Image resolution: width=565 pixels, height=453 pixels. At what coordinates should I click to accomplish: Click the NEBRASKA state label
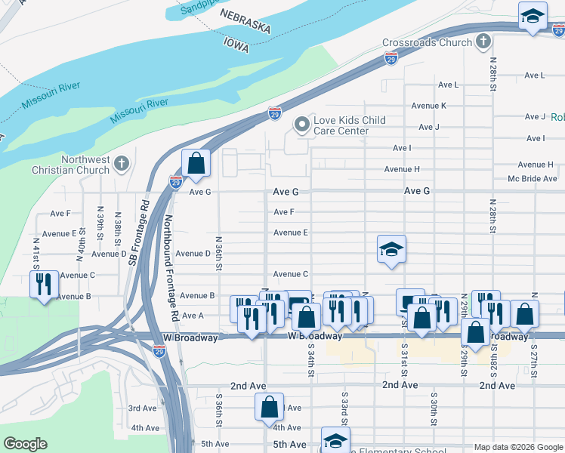pyautogui.click(x=245, y=20)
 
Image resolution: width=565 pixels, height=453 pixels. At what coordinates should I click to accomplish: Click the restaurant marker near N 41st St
pyautogui.click(x=43, y=285)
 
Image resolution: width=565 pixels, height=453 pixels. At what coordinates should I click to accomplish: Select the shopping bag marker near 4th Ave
pyautogui.click(x=269, y=408)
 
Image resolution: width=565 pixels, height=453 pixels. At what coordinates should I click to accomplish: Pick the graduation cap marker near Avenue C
pyautogui.click(x=391, y=250)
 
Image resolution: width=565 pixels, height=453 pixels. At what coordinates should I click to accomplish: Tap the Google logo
pyautogui.click(x=25, y=444)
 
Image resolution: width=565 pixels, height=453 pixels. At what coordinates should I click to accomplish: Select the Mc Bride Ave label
pyautogui.click(x=532, y=179)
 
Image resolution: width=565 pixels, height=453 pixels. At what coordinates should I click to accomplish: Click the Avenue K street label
pyautogui.click(x=428, y=106)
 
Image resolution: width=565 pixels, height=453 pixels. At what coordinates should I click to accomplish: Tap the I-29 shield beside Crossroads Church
pyautogui.click(x=391, y=59)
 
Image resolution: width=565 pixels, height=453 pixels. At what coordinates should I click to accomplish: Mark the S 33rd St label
pyautogui.click(x=344, y=408)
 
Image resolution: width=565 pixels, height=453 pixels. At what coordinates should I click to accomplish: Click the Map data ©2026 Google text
pyautogui.click(x=517, y=447)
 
